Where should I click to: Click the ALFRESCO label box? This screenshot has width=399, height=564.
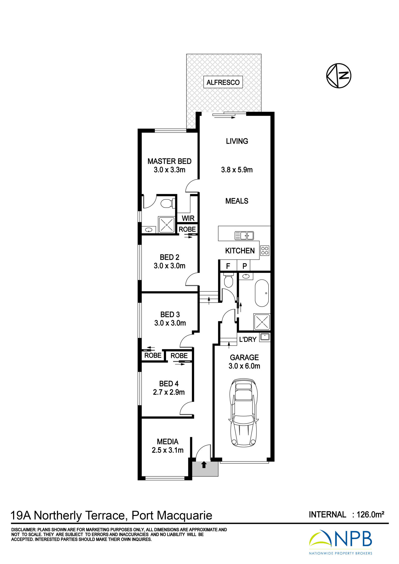tap(223, 82)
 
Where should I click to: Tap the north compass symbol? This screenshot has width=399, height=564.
tap(339, 76)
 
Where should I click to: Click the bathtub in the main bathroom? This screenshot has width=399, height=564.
tap(262, 293)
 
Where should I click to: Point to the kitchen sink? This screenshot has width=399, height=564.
tap(244, 236)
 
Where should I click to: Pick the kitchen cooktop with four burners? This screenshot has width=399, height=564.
tap(265, 250)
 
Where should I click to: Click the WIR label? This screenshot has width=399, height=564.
tap(188, 218)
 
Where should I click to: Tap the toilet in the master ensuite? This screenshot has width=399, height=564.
tap(168, 203)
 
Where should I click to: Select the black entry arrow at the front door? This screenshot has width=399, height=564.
tap(204, 464)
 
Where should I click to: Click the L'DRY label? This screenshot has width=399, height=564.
tap(248, 339)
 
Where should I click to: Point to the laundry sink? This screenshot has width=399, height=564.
tap(265, 337)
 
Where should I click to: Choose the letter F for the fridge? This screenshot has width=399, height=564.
tap(228, 266)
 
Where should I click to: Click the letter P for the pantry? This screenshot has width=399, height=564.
tap(245, 266)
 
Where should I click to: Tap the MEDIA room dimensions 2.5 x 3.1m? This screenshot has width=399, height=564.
tap(168, 450)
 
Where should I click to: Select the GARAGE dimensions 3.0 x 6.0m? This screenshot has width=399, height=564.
tap(244, 366)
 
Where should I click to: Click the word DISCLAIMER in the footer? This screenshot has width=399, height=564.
tap(23, 530)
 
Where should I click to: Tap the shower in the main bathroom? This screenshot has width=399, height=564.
tap(262, 322)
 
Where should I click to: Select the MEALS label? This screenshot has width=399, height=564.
tap(237, 201)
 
